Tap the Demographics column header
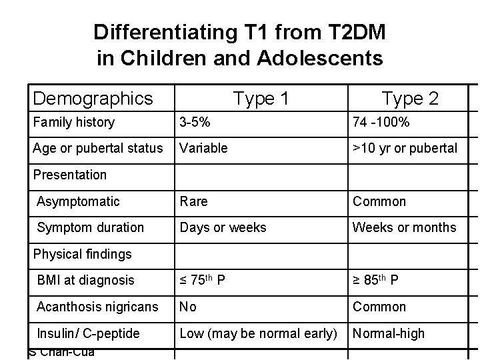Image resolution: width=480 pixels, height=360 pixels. [93, 99]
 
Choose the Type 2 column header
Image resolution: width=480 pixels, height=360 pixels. [409, 99]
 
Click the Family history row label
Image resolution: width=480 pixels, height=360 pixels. [73, 122]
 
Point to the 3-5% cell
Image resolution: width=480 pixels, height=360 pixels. [194, 122]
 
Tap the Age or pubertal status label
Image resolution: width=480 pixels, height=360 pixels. [98, 147]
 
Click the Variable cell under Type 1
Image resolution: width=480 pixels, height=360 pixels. [202, 147]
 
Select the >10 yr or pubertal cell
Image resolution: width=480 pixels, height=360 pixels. [405, 147]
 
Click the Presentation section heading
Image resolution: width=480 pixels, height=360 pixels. [70, 175]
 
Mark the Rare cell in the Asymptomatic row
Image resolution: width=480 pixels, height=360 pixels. [194, 201]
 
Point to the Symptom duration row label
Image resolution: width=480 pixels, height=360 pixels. [90, 227]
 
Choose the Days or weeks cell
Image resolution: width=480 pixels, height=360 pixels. [223, 227]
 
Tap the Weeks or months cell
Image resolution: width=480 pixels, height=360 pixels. [404, 227]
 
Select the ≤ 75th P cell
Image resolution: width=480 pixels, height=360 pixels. [204, 281]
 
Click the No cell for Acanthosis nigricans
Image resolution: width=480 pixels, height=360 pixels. [188, 307]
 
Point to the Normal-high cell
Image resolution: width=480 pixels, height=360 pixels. [389, 333]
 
